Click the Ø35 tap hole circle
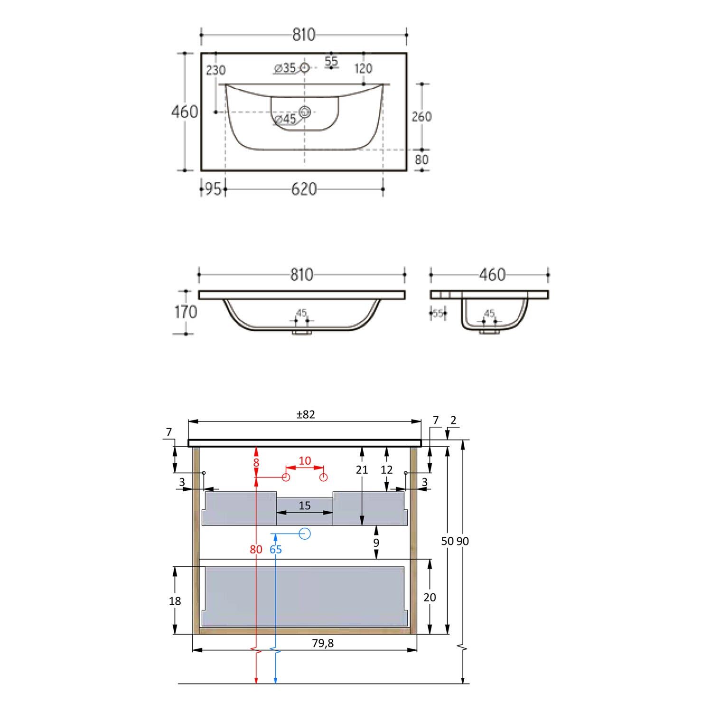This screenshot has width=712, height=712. (x=304, y=68)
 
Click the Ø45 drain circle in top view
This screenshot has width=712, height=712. (x=304, y=112)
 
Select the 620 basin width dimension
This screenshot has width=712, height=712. (x=304, y=189)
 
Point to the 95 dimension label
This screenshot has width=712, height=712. (x=213, y=189)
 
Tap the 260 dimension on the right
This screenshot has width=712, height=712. (x=422, y=117)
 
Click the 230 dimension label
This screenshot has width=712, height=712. (x=215, y=70)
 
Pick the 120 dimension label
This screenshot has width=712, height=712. (x=363, y=69)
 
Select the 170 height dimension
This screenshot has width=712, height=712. (x=186, y=312)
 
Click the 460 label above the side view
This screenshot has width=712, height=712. (x=492, y=274)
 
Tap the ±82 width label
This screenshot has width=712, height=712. (x=306, y=414)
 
